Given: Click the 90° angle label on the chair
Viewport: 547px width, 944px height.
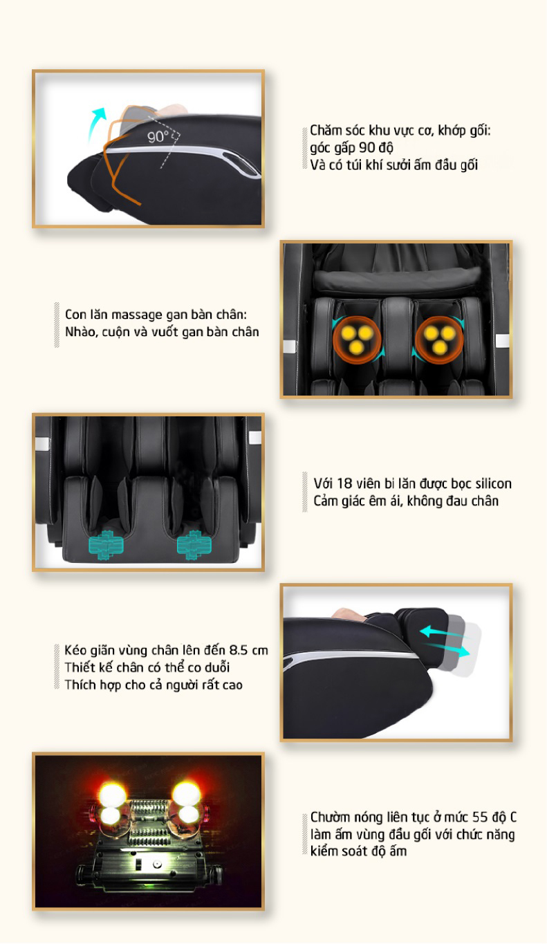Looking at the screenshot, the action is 158,136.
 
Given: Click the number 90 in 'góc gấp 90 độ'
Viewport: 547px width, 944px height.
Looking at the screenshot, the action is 367,147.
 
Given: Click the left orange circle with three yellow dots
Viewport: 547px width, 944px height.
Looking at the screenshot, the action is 357,340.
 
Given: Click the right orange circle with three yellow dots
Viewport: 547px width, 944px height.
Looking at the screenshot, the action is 439,340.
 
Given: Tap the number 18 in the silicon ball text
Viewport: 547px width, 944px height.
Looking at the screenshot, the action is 344,483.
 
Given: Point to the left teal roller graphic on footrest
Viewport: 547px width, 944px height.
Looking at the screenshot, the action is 106,544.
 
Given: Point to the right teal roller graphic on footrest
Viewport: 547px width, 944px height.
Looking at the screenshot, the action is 194,544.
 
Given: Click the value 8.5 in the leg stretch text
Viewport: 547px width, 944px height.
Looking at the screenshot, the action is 239,650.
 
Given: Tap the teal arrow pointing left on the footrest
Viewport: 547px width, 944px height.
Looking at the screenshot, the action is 441,631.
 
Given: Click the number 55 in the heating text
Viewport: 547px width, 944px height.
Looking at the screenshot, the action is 479,817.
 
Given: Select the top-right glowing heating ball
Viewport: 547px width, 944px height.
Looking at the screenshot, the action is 186,793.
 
